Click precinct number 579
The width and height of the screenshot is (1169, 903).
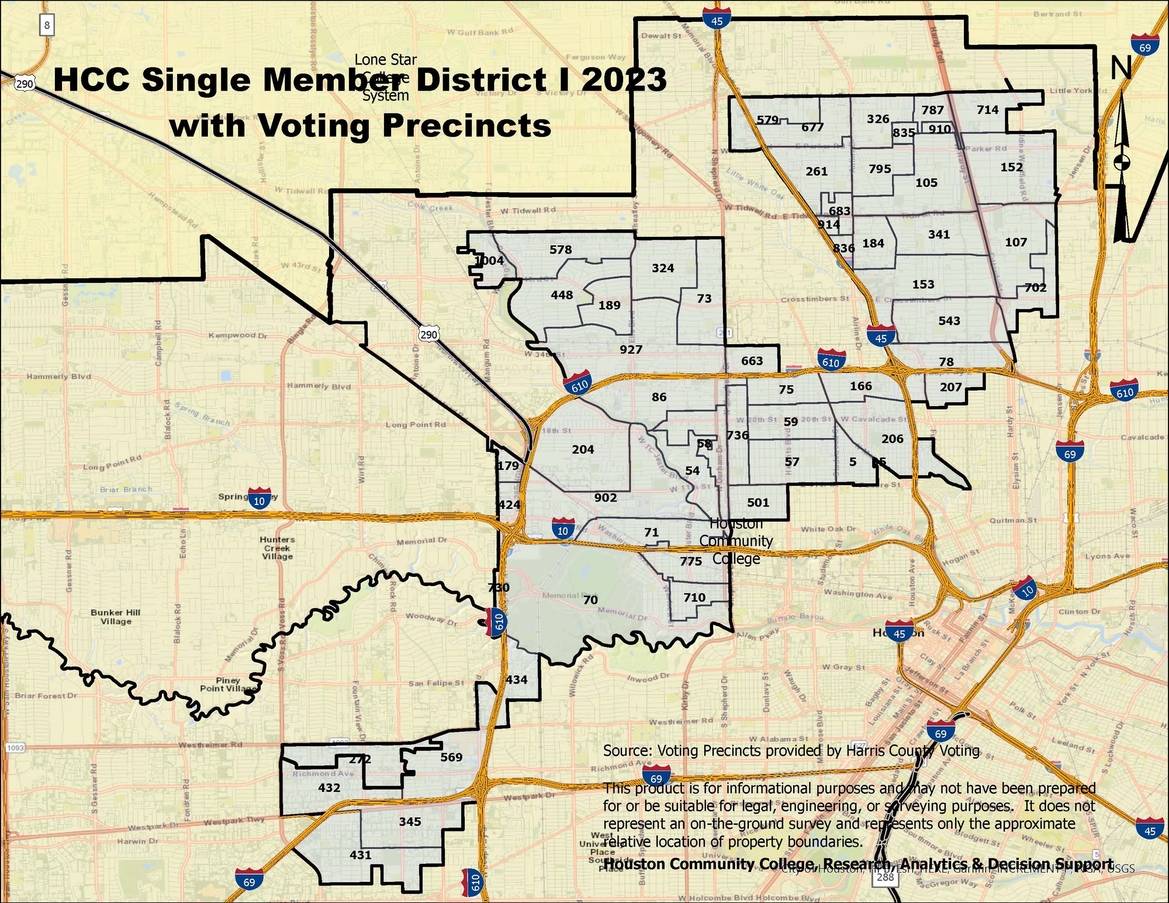point(767,120)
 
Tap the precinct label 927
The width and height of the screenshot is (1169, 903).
point(631,350)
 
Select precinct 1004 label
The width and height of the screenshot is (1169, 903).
point(489,261)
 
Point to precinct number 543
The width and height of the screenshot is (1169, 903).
point(949,320)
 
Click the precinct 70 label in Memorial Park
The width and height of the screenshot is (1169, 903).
point(590,600)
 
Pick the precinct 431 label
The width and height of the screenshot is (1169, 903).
point(360,854)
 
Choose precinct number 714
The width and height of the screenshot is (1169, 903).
point(987,109)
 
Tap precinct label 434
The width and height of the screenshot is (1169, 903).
point(516,679)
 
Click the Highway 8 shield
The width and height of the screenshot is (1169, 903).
point(47,26)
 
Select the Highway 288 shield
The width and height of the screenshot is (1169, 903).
point(886,877)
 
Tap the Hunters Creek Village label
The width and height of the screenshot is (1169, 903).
point(277,548)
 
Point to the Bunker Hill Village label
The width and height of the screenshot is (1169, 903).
point(116,617)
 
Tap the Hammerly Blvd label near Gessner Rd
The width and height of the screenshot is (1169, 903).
point(58,376)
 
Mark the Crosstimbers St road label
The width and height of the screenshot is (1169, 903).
point(815,299)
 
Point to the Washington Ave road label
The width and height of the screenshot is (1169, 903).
point(857,594)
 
